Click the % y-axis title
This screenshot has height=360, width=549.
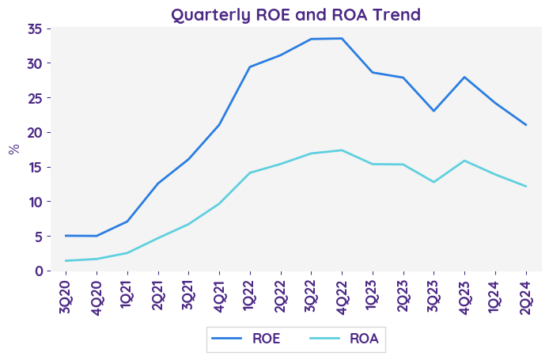[x=13, y=149]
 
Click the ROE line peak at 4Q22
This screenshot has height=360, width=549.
[x=342, y=38]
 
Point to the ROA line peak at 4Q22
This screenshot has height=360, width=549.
[x=342, y=150]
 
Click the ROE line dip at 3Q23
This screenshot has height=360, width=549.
[x=434, y=111]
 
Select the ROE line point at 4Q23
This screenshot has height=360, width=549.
[x=464, y=77]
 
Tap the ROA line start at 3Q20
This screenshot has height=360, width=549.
[x=66, y=260]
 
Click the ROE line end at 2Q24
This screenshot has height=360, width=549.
[x=526, y=125]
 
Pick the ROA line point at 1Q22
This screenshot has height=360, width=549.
[x=250, y=172]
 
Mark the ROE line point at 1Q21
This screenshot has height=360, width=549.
[x=127, y=222]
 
